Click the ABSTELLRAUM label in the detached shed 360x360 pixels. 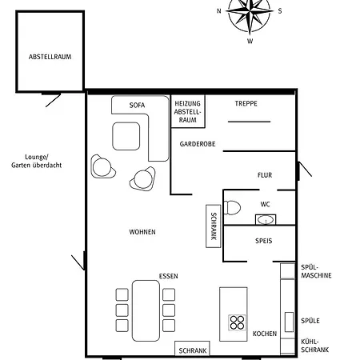[50, 57]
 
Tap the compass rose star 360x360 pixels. [250, 12]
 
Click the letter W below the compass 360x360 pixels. [250, 42]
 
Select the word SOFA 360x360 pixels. [137, 106]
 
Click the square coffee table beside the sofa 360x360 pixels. [126, 136]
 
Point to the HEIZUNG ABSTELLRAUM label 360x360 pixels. [187, 112]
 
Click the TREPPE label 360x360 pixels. [246, 103]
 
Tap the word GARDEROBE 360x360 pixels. [198, 144]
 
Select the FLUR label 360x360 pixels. [265, 175]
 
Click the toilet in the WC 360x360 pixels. [232, 208]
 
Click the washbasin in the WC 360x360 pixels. [266, 220]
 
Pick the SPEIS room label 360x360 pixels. [264, 241]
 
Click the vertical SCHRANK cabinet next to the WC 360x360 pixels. [214, 226]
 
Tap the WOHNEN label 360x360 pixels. [142, 232]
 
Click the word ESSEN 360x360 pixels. [168, 276]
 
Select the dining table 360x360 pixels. [146, 310]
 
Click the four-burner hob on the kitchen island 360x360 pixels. [237, 322]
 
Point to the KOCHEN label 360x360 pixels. [265, 334]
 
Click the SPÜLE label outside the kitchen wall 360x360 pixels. [310, 321]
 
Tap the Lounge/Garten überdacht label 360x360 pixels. [37, 161]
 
